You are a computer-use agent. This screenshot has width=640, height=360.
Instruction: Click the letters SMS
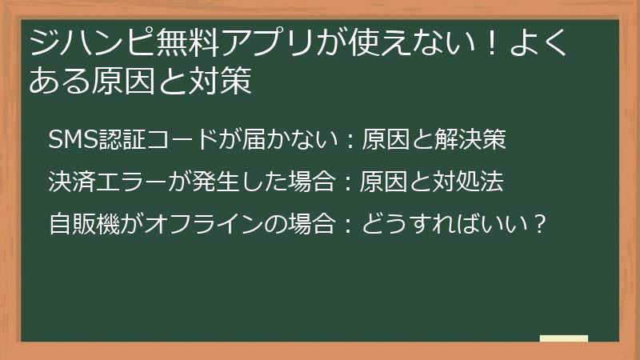point(70,140)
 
